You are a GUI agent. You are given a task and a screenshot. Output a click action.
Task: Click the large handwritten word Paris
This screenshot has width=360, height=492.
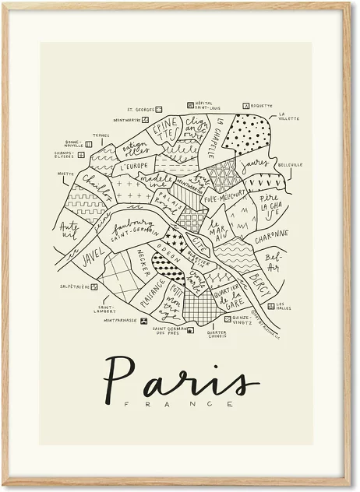click(x=181, y=379)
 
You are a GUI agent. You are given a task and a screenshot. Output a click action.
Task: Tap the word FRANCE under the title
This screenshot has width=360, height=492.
click(x=180, y=404)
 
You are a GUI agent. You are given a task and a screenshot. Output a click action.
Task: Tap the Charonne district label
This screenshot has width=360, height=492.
click(x=270, y=234)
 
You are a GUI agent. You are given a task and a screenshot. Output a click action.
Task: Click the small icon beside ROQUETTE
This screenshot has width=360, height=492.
click(x=246, y=105)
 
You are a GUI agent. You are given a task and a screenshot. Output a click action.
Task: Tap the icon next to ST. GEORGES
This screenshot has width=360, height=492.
click(x=161, y=110)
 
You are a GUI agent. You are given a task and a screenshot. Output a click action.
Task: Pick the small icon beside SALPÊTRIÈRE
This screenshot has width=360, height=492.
click(x=93, y=286)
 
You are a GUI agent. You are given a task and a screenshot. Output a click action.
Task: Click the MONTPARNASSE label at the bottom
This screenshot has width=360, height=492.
click(x=120, y=320)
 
